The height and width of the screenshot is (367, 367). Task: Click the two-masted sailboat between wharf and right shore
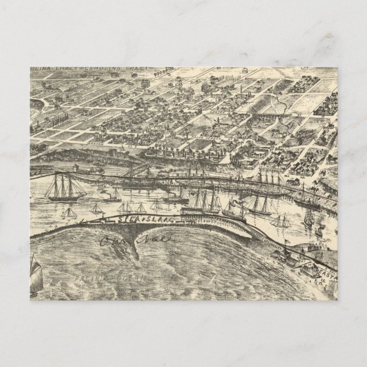pyautogui.click(x=279, y=220)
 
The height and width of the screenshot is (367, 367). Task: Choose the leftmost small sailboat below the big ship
pyautogui.click(x=68, y=213)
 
